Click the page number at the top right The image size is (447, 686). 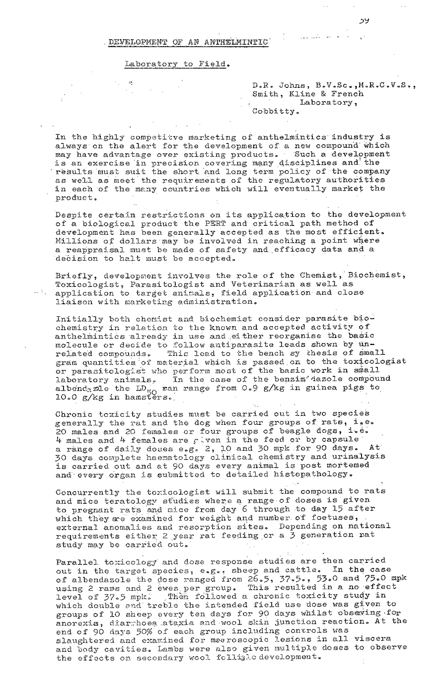(x=367, y=21)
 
